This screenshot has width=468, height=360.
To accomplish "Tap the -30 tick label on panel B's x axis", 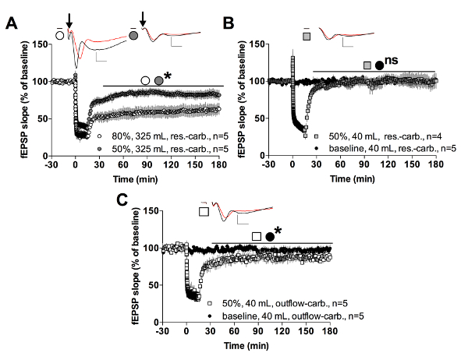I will pyautogui.click(x=269, y=165).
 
